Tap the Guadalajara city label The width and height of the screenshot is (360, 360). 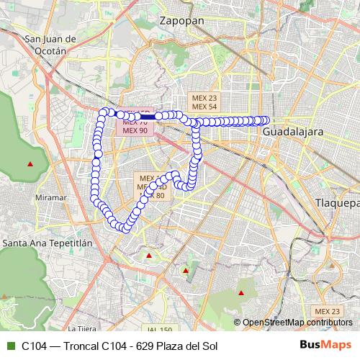click(x=292, y=133)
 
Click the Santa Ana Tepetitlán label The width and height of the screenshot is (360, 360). click(x=48, y=243)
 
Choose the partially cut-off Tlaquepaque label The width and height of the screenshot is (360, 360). click(x=337, y=204)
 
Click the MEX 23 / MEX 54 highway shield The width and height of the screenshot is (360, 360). click(x=202, y=102)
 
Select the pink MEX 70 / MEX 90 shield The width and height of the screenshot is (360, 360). click(x=135, y=127)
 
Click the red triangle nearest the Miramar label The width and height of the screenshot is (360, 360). click(x=30, y=164)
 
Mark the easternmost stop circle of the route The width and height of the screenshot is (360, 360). click(x=265, y=120)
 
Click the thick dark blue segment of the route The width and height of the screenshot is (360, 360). click(x=148, y=116)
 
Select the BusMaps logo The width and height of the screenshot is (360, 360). click(x=326, y=346)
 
